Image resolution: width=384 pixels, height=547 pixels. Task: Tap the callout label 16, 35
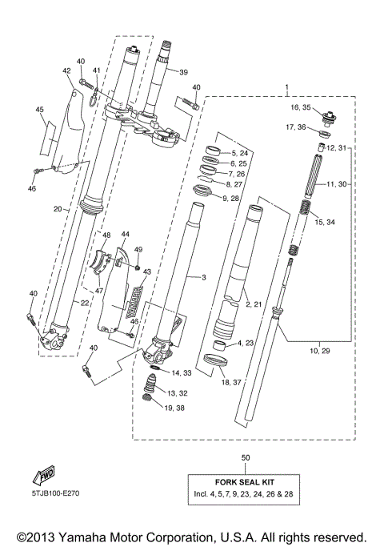point(300,106)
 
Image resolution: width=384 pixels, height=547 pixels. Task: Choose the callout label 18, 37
point(231,383)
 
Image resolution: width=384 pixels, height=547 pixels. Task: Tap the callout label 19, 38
point(175,408)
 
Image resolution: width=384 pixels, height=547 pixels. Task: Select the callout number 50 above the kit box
point(244,457)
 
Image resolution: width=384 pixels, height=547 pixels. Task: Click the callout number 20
point(58,209)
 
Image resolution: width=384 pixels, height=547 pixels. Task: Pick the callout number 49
point(138,250)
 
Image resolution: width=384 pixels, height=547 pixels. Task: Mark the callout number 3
point(203,278)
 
